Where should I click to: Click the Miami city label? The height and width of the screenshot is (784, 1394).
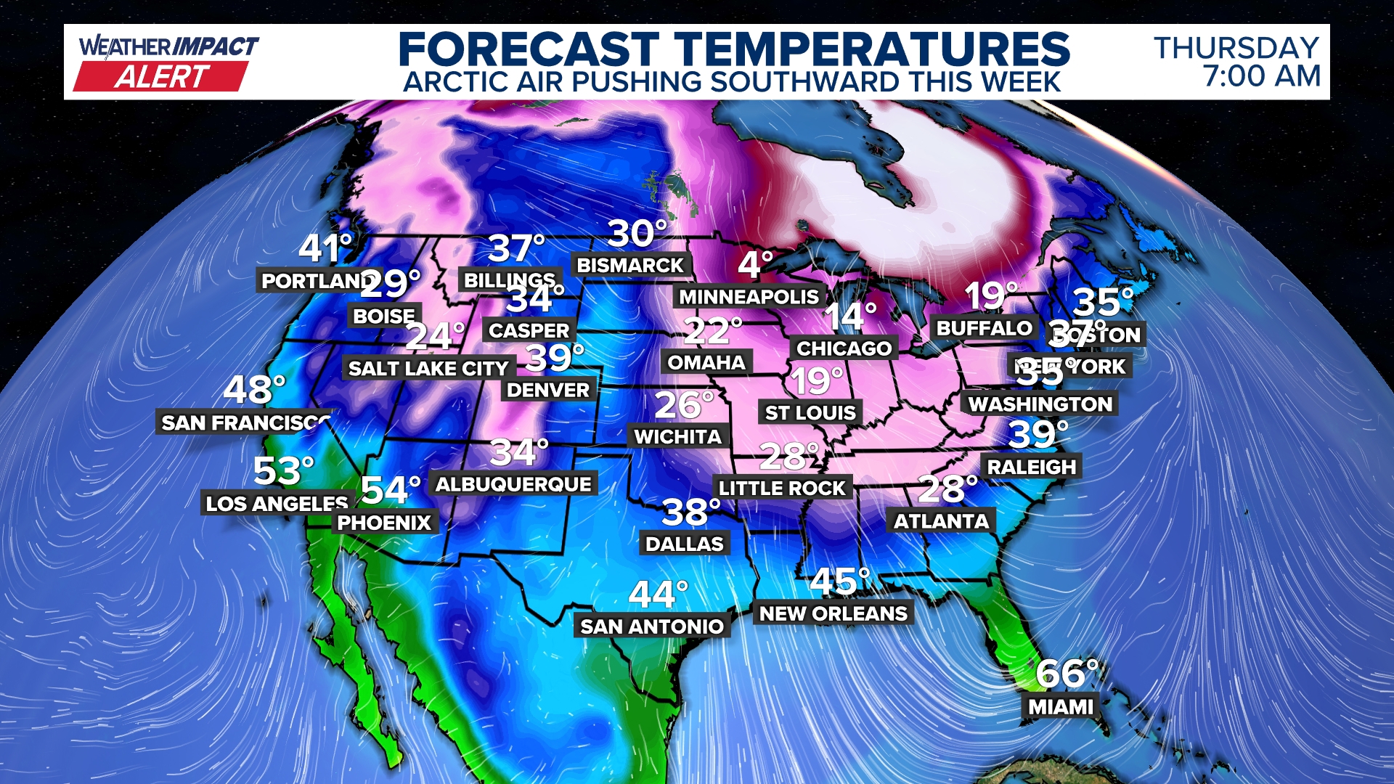point(1061,706)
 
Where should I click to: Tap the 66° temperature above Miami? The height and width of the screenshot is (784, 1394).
point(1066,674)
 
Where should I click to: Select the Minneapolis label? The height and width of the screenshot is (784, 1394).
point(749,297)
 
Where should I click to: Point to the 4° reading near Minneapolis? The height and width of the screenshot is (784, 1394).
point(754,265)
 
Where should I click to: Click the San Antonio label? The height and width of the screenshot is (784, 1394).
point(652,626)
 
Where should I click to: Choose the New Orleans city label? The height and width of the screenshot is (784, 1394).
point(833,613)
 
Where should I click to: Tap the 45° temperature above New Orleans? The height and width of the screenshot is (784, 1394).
point(839,581)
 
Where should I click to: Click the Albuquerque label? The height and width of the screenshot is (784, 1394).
point(513,484)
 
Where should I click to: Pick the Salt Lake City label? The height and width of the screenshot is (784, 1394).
point(428,369)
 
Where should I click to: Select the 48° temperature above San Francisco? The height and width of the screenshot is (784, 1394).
point(253,390)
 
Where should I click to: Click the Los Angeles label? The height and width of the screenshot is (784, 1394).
point(277,503)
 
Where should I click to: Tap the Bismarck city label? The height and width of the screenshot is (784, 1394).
point(630,266)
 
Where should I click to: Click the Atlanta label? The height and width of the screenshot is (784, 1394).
point(941,521)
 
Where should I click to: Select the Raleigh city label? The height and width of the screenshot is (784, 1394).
point(1032,467)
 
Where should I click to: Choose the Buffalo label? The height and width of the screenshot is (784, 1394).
point(984,328)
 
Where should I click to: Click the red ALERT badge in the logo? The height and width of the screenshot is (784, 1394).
point(162,76)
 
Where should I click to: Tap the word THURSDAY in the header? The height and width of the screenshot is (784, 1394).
point(1236,48)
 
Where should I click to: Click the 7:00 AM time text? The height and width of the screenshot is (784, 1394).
point(1261,76)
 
